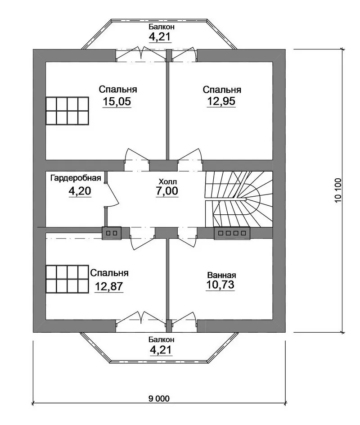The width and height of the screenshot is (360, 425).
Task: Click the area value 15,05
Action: [117, 101]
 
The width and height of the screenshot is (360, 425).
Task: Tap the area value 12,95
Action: [221, 101]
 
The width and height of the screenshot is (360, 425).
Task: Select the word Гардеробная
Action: [76, 178]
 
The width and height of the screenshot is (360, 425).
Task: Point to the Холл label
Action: [167, 181]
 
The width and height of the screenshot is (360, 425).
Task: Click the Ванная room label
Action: [221, 276]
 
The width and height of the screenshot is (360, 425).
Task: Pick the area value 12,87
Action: [109, 286]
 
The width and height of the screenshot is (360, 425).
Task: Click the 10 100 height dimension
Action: [338, 191]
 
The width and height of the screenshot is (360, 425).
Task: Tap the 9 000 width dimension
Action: [159, 398]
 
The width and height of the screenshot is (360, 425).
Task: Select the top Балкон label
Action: [162, 27]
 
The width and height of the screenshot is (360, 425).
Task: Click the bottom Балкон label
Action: [161, 339]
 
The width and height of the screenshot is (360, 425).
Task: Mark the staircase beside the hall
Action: [238, 199]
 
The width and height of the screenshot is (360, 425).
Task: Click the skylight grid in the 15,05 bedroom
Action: [67, 111]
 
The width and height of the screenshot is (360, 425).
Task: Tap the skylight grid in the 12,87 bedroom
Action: [67, 279]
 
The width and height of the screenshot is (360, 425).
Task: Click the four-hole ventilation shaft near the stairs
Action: [232, 233]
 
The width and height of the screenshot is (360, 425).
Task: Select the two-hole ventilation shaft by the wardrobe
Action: [112, 233]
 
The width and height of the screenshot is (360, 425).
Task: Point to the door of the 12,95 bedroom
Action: [189, 156]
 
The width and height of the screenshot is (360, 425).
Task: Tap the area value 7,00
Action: [167, 191]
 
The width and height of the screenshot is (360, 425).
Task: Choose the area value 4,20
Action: [80, 191]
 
